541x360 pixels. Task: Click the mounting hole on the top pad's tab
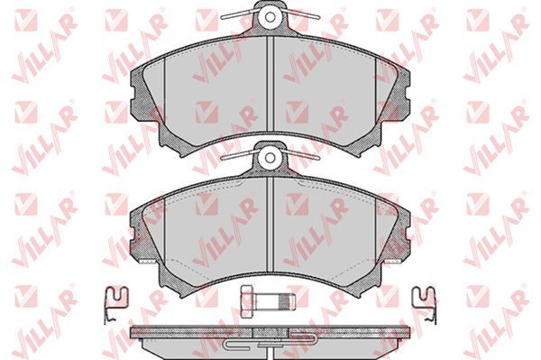(x=270, y=16)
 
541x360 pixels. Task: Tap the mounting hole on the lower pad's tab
(x=270, y=158)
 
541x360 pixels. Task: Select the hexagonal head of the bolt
(x=249, y=301)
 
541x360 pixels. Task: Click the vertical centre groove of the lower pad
(x=270, y=225)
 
